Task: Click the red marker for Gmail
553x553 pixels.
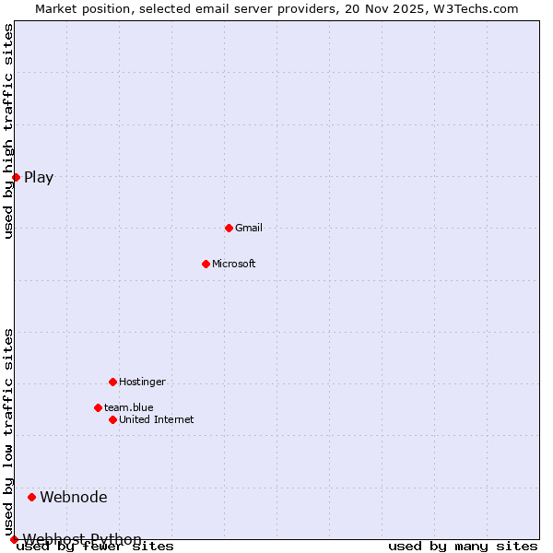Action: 229,228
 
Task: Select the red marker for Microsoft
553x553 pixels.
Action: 206,264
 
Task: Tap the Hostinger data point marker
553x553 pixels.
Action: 112,382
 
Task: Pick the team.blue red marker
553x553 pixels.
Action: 98,407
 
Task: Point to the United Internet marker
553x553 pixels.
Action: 112,419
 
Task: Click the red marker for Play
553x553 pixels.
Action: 16,177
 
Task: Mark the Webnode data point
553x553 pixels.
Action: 31,497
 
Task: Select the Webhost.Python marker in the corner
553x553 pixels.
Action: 14,539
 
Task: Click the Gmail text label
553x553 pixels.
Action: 249,228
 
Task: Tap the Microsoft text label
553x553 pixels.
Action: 234,264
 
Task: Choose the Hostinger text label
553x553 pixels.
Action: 142,382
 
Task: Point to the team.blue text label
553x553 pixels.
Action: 129,407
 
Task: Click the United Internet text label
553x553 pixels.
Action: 157,419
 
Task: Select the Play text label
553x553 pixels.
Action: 39,178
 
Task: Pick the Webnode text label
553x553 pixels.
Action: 74,498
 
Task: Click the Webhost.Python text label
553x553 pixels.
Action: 83,539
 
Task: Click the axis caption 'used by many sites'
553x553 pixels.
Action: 463,547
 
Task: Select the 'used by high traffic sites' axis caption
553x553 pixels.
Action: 9,132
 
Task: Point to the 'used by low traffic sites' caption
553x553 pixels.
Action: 9,431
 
